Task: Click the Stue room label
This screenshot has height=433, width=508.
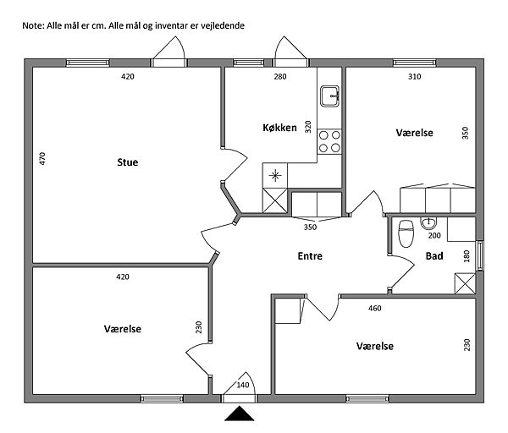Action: tap(128, 162)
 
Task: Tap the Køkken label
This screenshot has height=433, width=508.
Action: tap(279, 128)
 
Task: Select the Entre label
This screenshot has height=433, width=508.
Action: tap(310, 256)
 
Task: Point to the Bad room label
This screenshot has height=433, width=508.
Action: tap(434, 256)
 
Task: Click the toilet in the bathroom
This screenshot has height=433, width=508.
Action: tap(406, 233)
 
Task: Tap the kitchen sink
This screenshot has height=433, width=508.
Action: tap(330, 96)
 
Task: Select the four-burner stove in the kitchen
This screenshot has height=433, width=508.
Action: tap(329, 141)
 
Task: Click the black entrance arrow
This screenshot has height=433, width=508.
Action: tap(240, 414)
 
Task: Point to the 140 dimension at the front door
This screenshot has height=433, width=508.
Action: tap(243, 385)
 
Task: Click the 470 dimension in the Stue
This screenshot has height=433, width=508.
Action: tap(42, 159)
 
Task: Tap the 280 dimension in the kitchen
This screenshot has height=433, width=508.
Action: tap(280, 76)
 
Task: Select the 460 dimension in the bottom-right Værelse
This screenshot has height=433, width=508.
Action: tap(374, 308)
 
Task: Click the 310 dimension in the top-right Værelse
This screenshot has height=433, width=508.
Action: tap(414, 76)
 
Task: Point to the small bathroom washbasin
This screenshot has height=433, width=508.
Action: tap(428, 223)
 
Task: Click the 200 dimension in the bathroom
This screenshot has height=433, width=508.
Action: tap(434, 235)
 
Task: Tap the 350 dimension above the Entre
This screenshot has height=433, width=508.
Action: tap(310, 227)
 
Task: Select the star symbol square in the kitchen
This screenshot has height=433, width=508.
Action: tap(275, 176)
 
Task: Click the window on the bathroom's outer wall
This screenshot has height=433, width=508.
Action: tap(479, 255)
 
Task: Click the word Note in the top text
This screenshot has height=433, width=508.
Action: tap(32, 25)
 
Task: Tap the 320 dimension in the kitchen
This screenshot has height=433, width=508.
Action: tap(308, 127)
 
